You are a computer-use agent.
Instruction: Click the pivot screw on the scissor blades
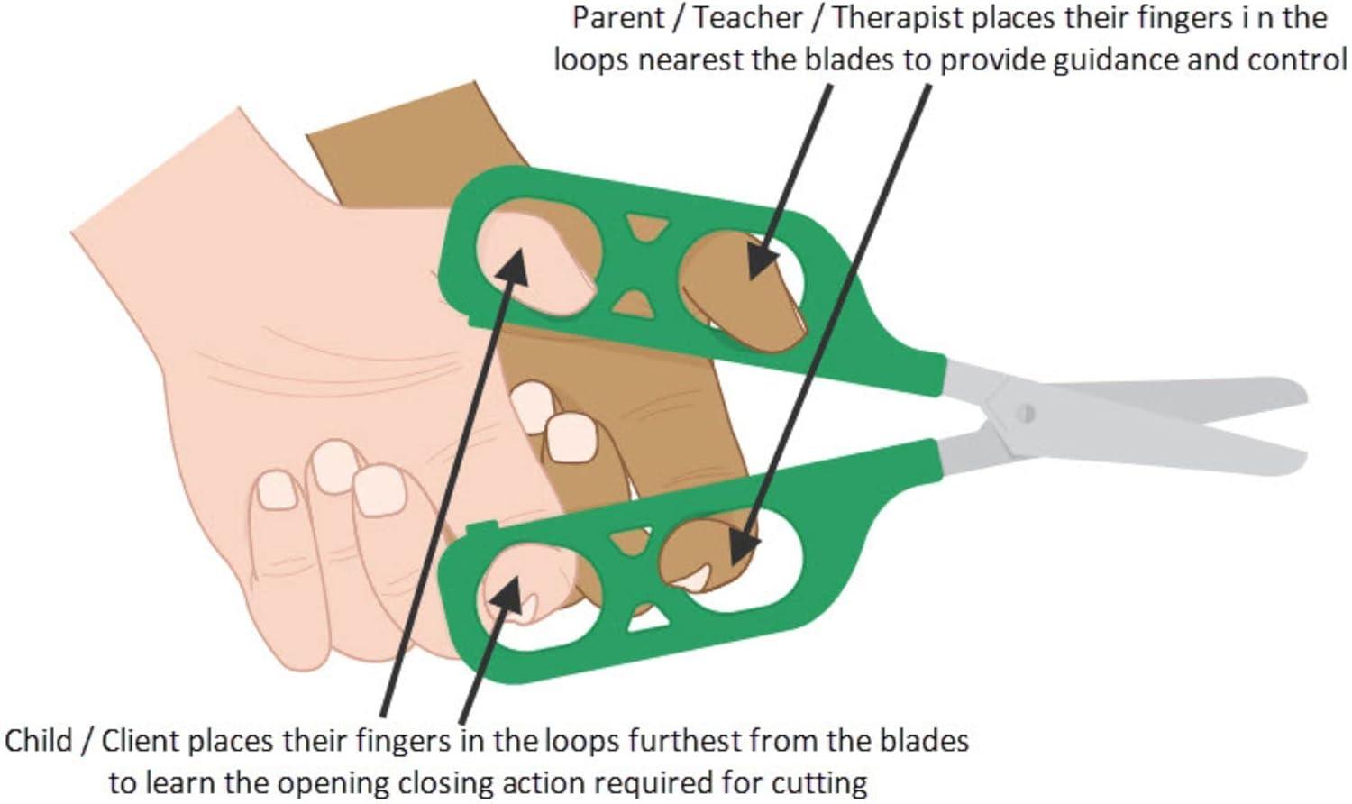click(x=1024, y=414)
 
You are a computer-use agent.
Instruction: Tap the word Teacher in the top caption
click(x=747, y=17)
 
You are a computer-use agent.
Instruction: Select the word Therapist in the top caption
click(x=893, y=17)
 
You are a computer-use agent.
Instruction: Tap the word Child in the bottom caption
click(x=38, y=741)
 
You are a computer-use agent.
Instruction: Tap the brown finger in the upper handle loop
click(x=748, y=288)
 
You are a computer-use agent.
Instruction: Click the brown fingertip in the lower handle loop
click(x=712, y=550)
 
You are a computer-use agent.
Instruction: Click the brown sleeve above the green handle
click(x=406, y=144)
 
